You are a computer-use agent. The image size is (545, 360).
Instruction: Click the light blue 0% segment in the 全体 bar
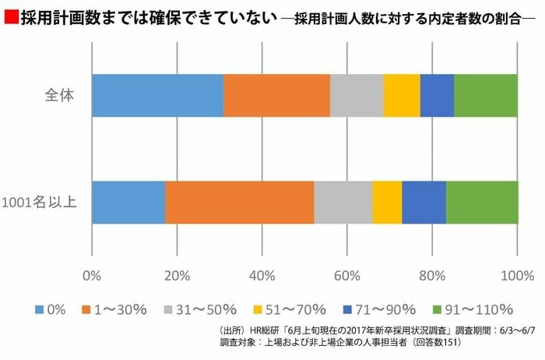157,96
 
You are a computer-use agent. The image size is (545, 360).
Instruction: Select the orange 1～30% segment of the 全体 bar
276,96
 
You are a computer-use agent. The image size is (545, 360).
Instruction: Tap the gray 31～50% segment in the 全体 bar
357,96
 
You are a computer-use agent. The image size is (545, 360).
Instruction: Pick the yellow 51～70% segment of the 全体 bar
402,96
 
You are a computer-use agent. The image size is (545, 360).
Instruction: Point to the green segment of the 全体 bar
486,96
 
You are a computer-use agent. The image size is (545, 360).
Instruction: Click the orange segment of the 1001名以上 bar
239,203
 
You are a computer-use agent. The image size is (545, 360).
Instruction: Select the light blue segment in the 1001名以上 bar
128,203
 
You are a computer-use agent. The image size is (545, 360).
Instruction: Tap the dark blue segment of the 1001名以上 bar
424,203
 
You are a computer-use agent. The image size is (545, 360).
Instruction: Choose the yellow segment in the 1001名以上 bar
387,203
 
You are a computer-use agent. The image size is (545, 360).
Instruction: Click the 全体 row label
58,97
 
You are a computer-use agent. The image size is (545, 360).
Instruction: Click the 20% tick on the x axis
177,275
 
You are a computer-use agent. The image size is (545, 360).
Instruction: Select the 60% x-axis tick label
347,275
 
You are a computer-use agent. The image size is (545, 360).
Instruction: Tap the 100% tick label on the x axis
517,275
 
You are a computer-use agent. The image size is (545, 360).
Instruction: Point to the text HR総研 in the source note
272,330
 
